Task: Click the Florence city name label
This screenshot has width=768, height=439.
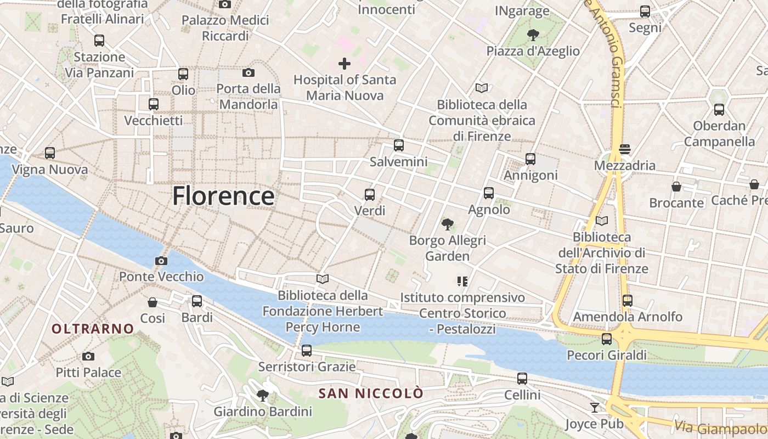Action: [223, 196]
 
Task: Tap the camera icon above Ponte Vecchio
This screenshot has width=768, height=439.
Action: [161, 261]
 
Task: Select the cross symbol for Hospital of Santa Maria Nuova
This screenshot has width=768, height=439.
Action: [344, 64]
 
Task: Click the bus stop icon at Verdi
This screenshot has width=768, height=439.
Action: [370, 195]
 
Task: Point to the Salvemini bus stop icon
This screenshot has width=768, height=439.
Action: [399, 145]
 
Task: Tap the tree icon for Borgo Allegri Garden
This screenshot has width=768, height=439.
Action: [448, 224]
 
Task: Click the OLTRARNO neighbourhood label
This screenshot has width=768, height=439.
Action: [93, 329]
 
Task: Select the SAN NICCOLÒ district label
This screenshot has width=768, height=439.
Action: [371, 393]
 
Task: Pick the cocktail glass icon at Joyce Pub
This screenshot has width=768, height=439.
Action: [594, 408]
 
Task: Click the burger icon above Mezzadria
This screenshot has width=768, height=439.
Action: [624, 149]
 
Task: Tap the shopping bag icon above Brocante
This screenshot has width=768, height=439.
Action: [676, 187]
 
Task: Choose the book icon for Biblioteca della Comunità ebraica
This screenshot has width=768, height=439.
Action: [482, 88]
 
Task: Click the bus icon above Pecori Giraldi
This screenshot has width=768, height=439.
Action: [606, 339]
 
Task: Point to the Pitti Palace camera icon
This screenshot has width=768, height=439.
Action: [88, 357]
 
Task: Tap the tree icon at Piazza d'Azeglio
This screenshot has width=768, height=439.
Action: [532, 35]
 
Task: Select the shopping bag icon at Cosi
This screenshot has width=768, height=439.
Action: [153, 302]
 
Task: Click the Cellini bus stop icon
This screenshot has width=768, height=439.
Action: [522, 379]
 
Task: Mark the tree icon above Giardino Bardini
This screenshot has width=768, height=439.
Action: [263, 395]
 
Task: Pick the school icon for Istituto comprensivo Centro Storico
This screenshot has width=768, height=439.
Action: [462, 282]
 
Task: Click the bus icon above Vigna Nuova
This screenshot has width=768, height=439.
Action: [50, 154]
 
